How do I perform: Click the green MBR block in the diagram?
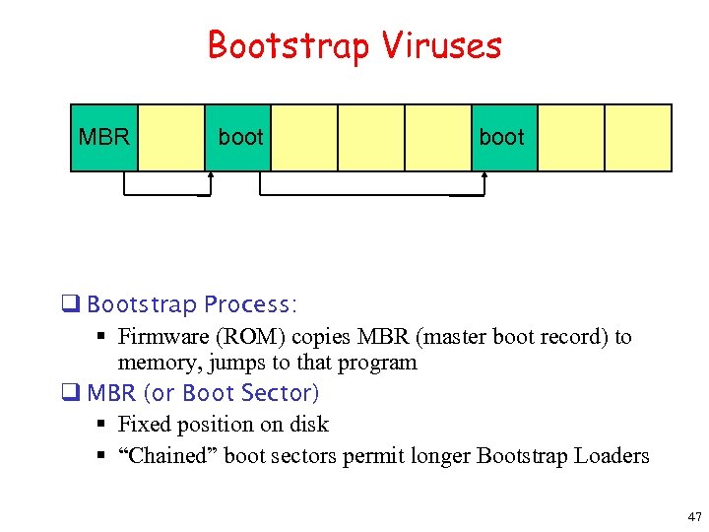pyautogui.click(x=103, y=138)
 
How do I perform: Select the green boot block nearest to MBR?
pyautogui.click(x=240, y=138)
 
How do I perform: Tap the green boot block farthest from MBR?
pyautogui.click(x=502, y=138)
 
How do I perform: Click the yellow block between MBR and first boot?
pyautogui.click(x=169, y=138)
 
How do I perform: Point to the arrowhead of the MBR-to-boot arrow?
pyautogui.click(x=211, y=176)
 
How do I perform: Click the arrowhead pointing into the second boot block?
pyautogui.click(x=484, y=176)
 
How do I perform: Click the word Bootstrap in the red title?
pyautogui.click(x=286, y=45)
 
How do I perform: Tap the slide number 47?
pyautogui.click(x=695, y=516)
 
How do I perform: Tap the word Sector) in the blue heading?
pyautogui.click(x=283, y=393)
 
